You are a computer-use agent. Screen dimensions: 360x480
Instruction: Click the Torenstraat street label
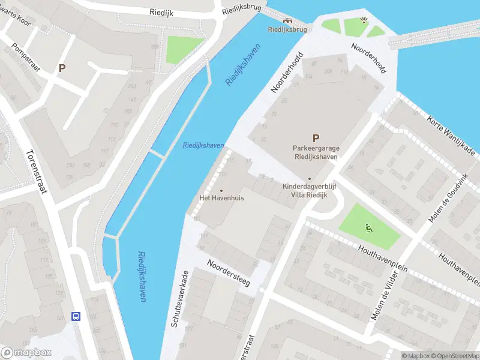click(x=37, y=173)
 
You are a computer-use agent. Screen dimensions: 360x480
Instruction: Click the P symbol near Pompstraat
click(x=61, y=68)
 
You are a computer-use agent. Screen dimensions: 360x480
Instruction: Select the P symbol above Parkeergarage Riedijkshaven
click(x=316, y=137)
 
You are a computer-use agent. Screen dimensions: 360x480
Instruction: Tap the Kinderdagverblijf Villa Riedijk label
click(x=310, y=190)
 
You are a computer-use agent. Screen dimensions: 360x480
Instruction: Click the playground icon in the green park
click(x=369, y=227)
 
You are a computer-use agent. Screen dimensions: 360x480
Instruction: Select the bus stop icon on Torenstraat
click(x=76, y=316)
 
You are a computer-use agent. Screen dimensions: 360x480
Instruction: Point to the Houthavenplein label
click(x=382, y=259)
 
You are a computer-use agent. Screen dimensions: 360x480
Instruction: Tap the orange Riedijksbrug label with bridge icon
click(x=287, y=25)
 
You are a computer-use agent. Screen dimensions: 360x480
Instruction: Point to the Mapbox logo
click(x=26, y=352)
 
